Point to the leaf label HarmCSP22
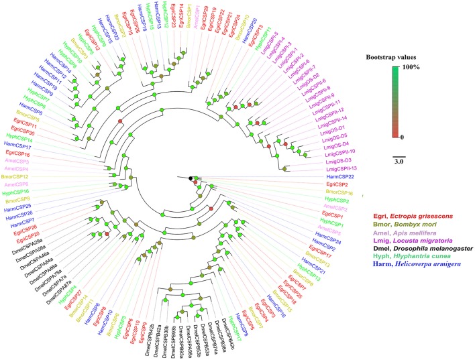(339, 176)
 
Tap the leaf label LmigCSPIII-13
(342, 168)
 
